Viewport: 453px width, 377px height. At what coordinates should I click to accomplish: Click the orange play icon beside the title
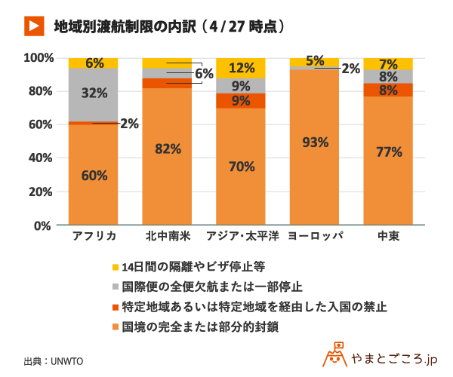coord(32,26)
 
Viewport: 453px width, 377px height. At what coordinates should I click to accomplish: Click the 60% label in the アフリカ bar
coord(94,176)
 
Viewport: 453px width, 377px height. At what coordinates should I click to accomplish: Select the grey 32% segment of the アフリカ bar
coord(94,94)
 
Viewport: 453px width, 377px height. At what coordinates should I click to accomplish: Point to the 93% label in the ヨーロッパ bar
coord(316,143)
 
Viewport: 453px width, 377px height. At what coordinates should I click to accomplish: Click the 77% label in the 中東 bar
coord(389,152)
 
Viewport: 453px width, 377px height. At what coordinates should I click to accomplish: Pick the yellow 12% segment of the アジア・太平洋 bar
coord(242,68)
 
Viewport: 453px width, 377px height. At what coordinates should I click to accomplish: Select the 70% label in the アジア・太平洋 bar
coord(242,167)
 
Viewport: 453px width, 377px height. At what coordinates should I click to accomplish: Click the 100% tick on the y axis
coord(39,58)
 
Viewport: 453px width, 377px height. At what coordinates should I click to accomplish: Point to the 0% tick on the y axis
coord(45,225)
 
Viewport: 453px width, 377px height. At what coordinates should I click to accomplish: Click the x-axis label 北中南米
coord(168,236)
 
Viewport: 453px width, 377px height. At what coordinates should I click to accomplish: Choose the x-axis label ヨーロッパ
coord(316,236)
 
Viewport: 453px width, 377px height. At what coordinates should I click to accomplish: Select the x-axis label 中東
coord(389,236)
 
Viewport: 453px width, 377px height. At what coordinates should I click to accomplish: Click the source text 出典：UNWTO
coord(53,360)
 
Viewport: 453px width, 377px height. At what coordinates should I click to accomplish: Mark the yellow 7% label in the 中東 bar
coord(389,63)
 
